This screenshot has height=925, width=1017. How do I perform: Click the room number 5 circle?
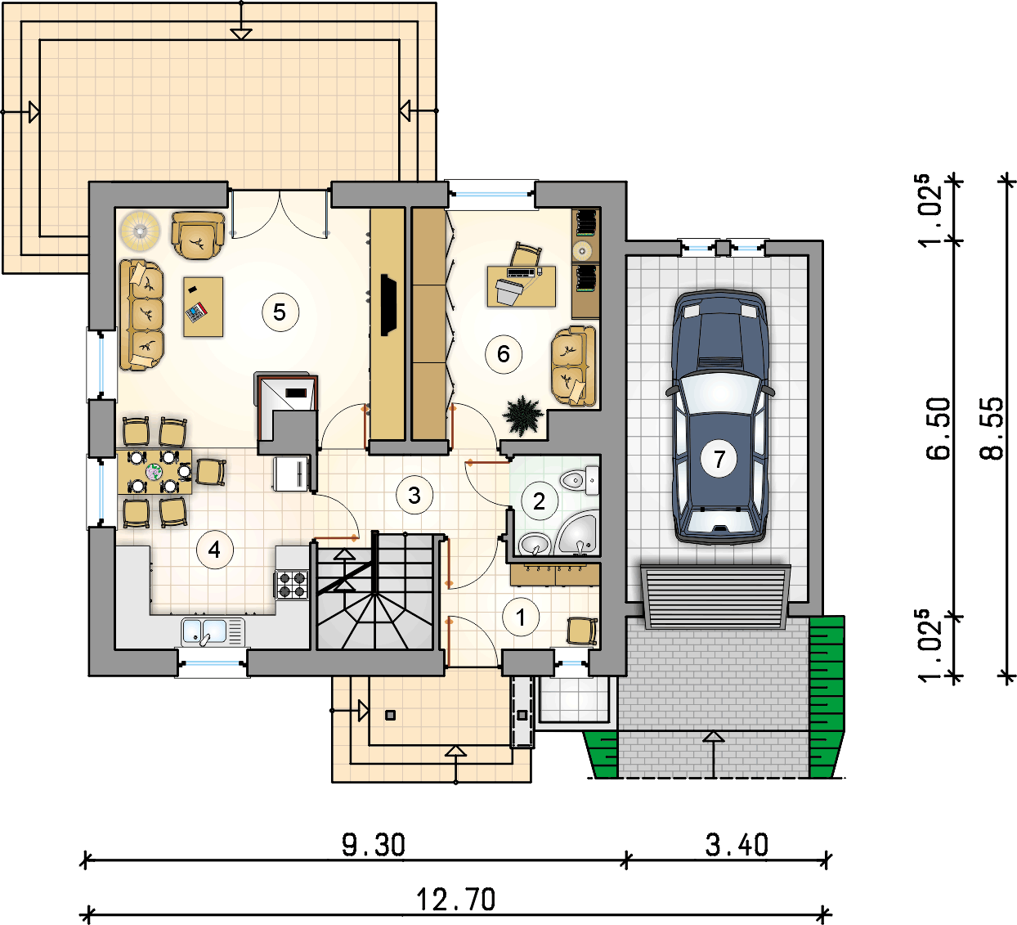point(280,312)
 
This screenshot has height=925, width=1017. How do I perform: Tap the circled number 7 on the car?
point(719,459)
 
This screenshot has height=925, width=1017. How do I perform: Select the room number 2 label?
point(539,501)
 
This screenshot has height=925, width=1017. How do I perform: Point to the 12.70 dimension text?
point(455,900)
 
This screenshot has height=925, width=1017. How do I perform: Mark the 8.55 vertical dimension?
point(992,429)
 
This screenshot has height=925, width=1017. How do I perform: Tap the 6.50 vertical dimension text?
point(938,429)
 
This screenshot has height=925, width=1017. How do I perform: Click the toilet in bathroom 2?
point(580,480)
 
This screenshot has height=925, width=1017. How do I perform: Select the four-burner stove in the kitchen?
point(293,585)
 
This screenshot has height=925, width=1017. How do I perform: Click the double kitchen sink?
point(213,631)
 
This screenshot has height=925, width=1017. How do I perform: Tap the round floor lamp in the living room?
point(140,231)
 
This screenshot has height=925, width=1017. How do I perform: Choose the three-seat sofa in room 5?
point(142,315)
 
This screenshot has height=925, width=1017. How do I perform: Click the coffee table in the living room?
point(203,307)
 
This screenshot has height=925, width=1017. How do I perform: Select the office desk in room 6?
point(522,286)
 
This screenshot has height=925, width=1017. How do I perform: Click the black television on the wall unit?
point(388,305)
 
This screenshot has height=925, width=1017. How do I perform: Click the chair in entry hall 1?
point(582,631)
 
